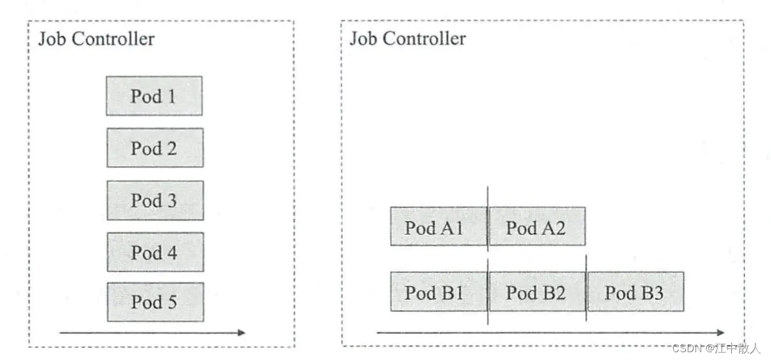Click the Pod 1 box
point(154,96)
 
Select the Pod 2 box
point(155,148)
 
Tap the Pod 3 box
point(155,200)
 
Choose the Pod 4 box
point(155,252)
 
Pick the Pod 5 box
point(155,302)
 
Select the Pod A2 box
point(536,227)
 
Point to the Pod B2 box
point(536,292)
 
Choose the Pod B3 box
point(635,292)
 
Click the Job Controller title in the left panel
point(96,39)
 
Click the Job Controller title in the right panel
point(408,39)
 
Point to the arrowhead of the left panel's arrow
point(242,333)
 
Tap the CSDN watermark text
point(716,348)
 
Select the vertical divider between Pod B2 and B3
point(586,286)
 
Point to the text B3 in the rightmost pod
point(651,292)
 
